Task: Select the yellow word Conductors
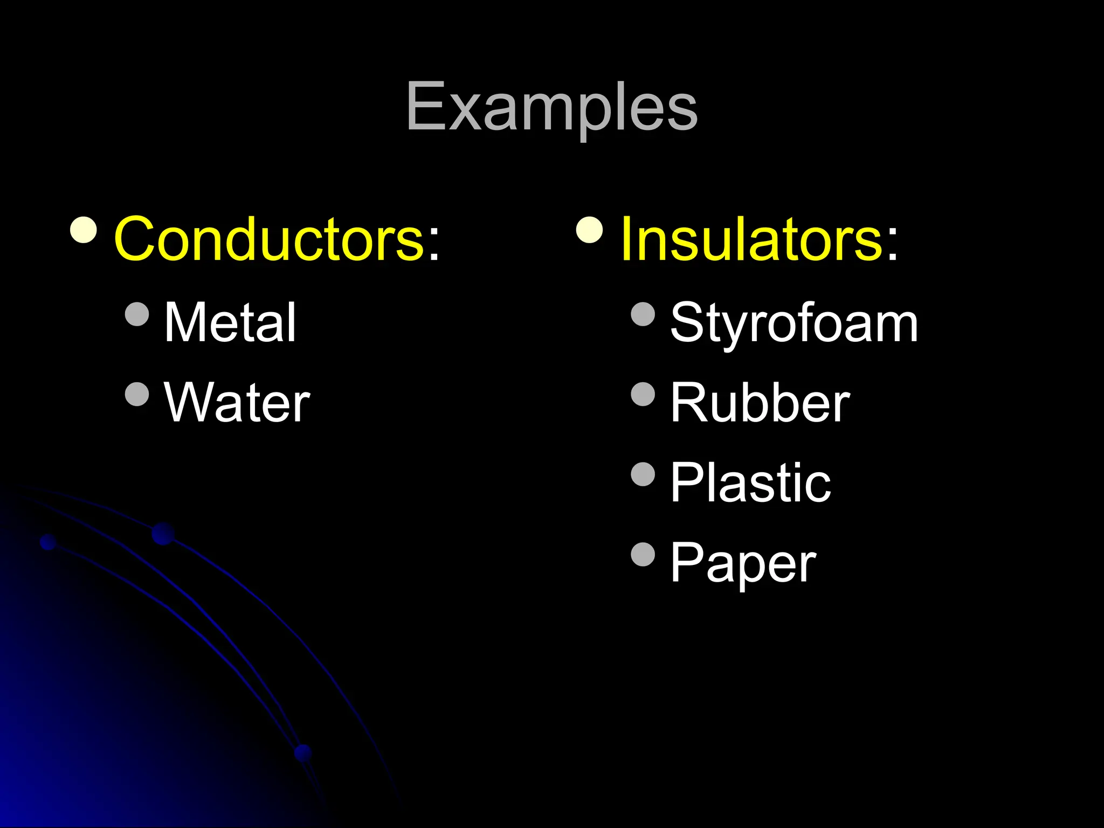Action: [x=270, y=239]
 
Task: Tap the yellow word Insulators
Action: [x=751, y=239]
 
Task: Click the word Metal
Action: [x=230, y=322]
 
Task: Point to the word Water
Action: [x=237, y=403]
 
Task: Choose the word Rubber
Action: [x=760, y=403]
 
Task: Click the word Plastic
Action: [x=750, y=482]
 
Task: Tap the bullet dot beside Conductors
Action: [x=84, y=230]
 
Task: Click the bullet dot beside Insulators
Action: [x=589, y=230]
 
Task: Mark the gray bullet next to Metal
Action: [x=136, y=314]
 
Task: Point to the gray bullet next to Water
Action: [x=136, y=394]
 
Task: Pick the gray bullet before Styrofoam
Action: [x=643, y=314]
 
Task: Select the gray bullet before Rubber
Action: [x=643, y=394]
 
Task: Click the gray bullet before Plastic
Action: [x=643, y=474]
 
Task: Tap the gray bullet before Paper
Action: [x=643, y=555]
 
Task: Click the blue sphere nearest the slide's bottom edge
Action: [x=303, y=753]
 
